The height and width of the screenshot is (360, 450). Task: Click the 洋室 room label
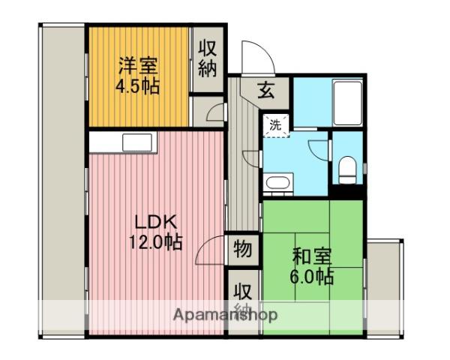(x=137, y=64)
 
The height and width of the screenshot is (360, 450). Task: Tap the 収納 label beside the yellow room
(x=208, y=58)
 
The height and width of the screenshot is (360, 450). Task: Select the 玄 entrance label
(x=267, y=91)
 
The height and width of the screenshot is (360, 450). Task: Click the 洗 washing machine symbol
(x=275, y=125)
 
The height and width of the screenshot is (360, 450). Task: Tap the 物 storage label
(x=243, y=247)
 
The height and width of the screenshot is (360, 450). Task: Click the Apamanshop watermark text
(x=225, y=314)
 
